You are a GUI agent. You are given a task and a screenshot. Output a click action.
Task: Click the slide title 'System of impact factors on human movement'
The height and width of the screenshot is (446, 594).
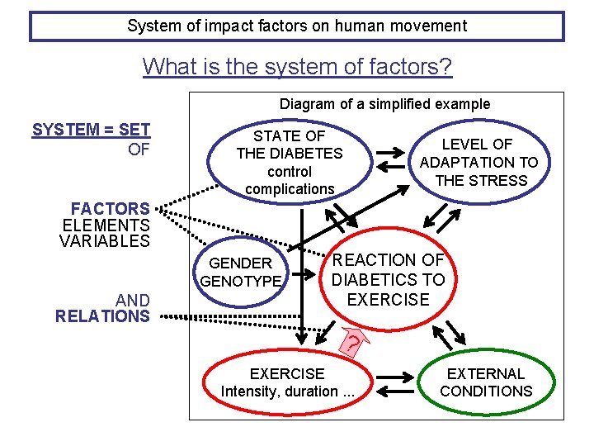point(297,26)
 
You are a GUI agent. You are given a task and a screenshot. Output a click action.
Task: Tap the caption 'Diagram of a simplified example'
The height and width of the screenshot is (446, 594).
point(384,104)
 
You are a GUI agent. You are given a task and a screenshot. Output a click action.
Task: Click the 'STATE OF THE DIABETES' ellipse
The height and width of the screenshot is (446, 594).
point(289,162)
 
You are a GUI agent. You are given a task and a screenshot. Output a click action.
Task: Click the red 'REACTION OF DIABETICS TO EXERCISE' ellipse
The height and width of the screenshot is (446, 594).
point(388,280)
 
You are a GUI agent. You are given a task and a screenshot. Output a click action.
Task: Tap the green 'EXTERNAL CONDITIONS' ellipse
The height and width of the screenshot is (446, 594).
point(486,382)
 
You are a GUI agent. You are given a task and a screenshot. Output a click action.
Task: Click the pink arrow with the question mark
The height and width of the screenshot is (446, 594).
point(353,339)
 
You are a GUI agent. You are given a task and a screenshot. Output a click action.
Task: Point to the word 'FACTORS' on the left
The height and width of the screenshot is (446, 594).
point(111,208)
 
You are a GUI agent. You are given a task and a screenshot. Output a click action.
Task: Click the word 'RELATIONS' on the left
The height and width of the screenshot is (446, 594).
point(102,316)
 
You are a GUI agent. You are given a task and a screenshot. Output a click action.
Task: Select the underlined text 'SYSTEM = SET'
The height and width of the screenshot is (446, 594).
point(91,130)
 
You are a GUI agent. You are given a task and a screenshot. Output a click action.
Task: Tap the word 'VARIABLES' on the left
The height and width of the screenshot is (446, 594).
point(105,241)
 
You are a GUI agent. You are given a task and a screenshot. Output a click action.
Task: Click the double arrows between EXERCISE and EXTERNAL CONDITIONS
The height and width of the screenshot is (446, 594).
point(397,382)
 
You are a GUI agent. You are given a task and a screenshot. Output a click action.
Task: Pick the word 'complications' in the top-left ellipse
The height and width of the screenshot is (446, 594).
point(290,189)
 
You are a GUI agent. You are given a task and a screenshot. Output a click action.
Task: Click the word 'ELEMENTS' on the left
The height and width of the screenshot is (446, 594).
point(106,225)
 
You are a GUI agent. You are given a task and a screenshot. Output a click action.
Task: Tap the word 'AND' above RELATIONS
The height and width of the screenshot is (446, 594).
point(133,301)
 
